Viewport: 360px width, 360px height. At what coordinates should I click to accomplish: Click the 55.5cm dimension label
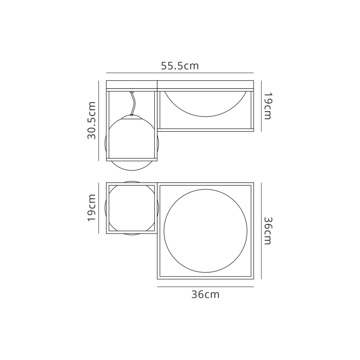180,66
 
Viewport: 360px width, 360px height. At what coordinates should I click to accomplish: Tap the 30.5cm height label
92,120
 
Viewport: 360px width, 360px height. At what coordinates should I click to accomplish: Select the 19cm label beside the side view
268,106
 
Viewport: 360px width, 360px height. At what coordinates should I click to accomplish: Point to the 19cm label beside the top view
92,208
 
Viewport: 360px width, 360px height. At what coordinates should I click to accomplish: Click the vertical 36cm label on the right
268,231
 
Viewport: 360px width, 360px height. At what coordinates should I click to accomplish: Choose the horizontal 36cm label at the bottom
205,294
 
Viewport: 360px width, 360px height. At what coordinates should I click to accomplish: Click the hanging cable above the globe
133,104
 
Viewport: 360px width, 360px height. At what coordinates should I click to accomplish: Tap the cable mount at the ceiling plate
132,92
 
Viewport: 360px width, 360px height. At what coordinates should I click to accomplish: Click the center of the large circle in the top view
205,231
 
